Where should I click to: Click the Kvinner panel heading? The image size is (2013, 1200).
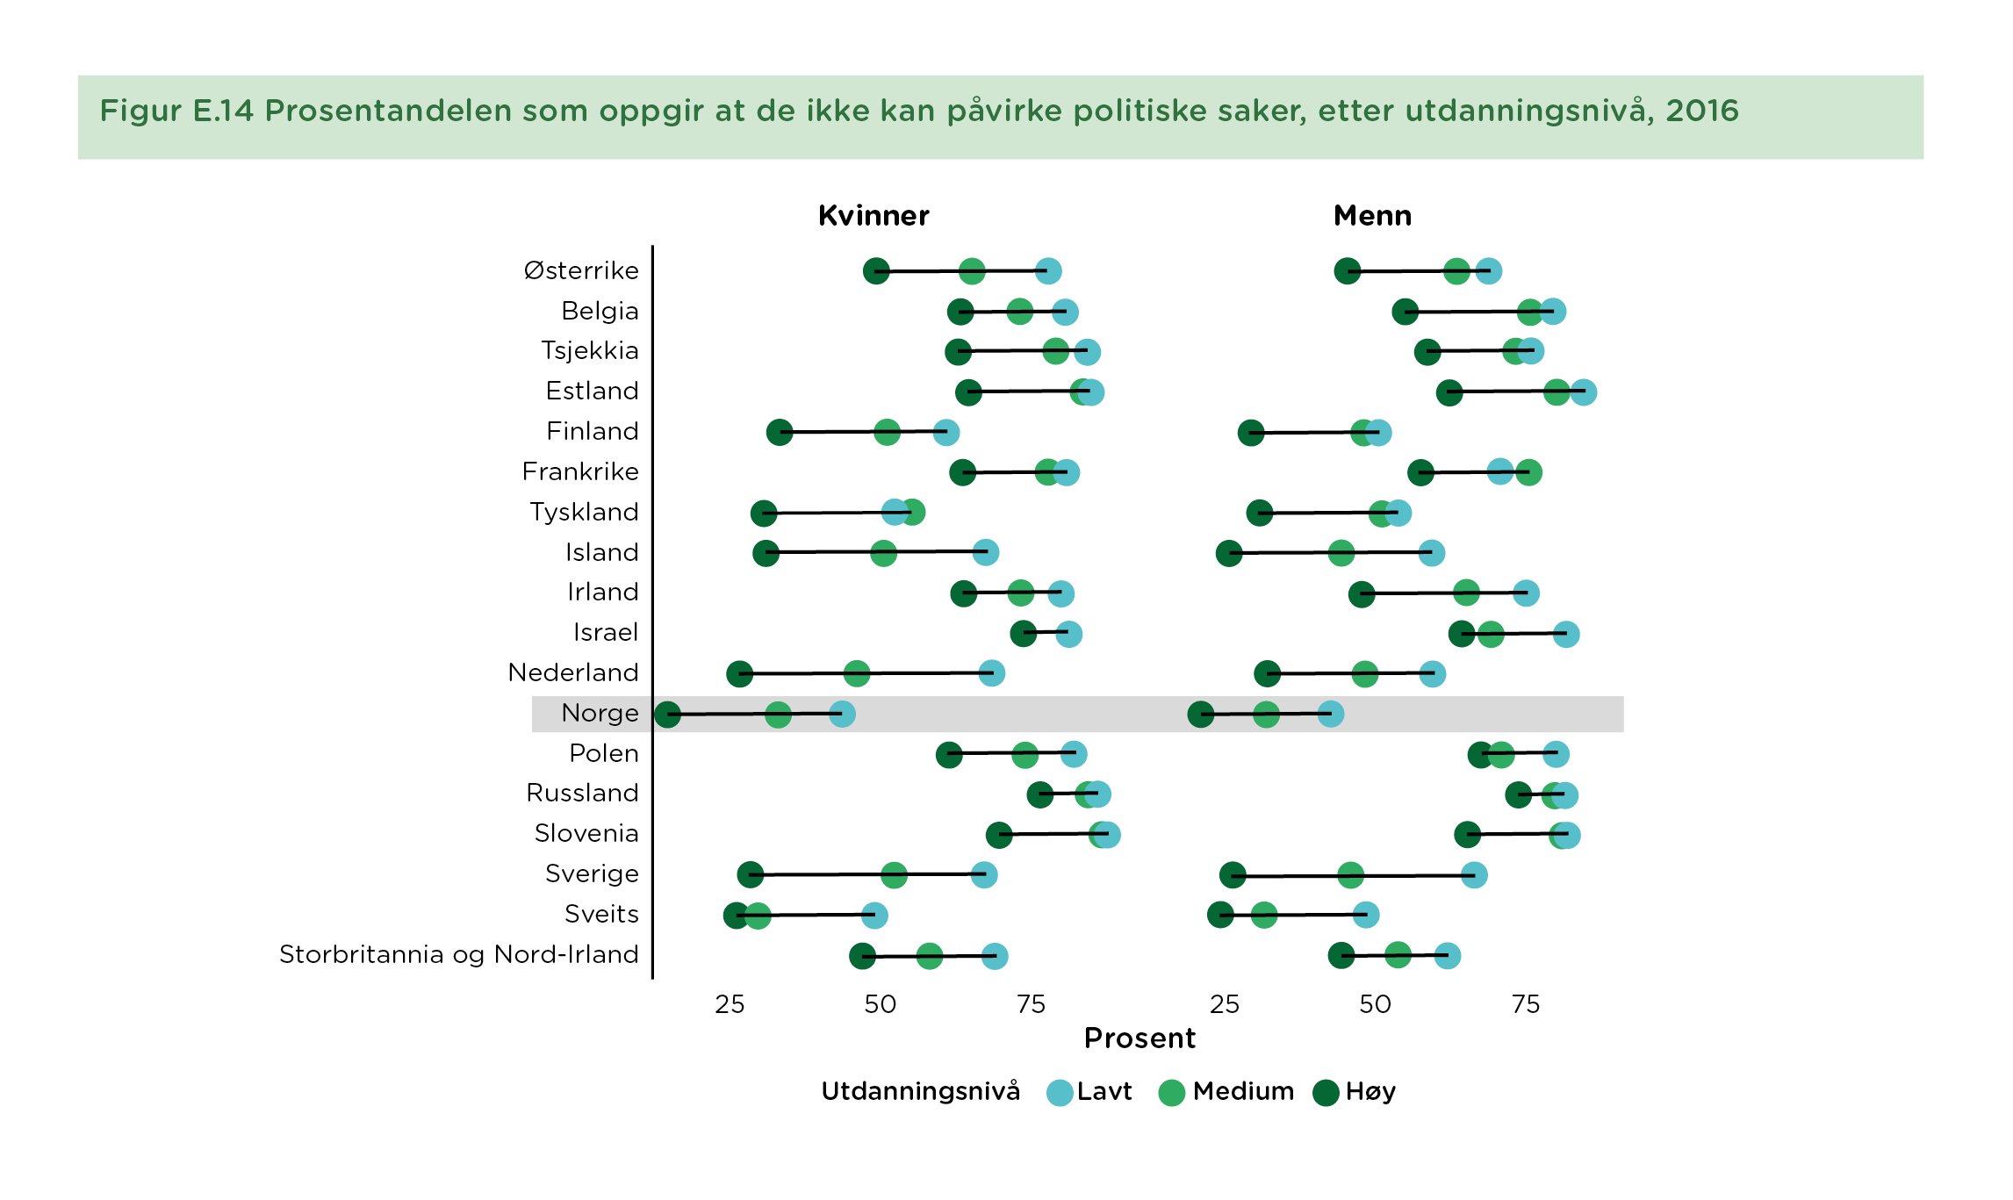pyautogui.click(x=873, y=216)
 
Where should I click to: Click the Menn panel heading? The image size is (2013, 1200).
pyautogui.click(x=1372, y=216)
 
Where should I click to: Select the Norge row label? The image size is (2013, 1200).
pyautogui.click(x=600, y=713)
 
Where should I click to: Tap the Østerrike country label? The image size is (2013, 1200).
pyautogui.click(x=581, y=270)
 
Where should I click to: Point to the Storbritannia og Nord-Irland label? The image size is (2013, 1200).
pyautogui.click(x=458, y=954)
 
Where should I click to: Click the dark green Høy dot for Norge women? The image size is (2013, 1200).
pyautogui.click(x=667, y=715)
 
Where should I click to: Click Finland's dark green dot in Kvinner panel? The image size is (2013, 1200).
pyautogui.click(x=780, y=432)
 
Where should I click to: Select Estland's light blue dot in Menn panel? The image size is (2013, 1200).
pyautogui.click(x=1583, y=392)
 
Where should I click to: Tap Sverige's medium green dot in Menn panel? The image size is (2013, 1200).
pyautogui.click(x=1350, y=875)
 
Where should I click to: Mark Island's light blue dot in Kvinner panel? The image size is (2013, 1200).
pyautogui.click(x=985, y=553)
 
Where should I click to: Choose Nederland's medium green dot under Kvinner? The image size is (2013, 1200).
pyautogui.click(x=857, y=674)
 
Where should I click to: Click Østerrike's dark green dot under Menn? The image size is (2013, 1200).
pyautogui.click(x=1348, y=271)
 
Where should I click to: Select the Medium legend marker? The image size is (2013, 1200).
pyautogui.click(x=1172, y=1093)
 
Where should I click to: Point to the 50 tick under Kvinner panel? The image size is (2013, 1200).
pyautogui.click(x=880, y=1004)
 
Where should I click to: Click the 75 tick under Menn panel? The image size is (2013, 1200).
pyautogui.click(x=1526, y=1004)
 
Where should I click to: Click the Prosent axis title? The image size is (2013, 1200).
pyautogui.click(x=1140, y=1038)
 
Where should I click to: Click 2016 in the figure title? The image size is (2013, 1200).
pyautogui.click(x=1701, y=111)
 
